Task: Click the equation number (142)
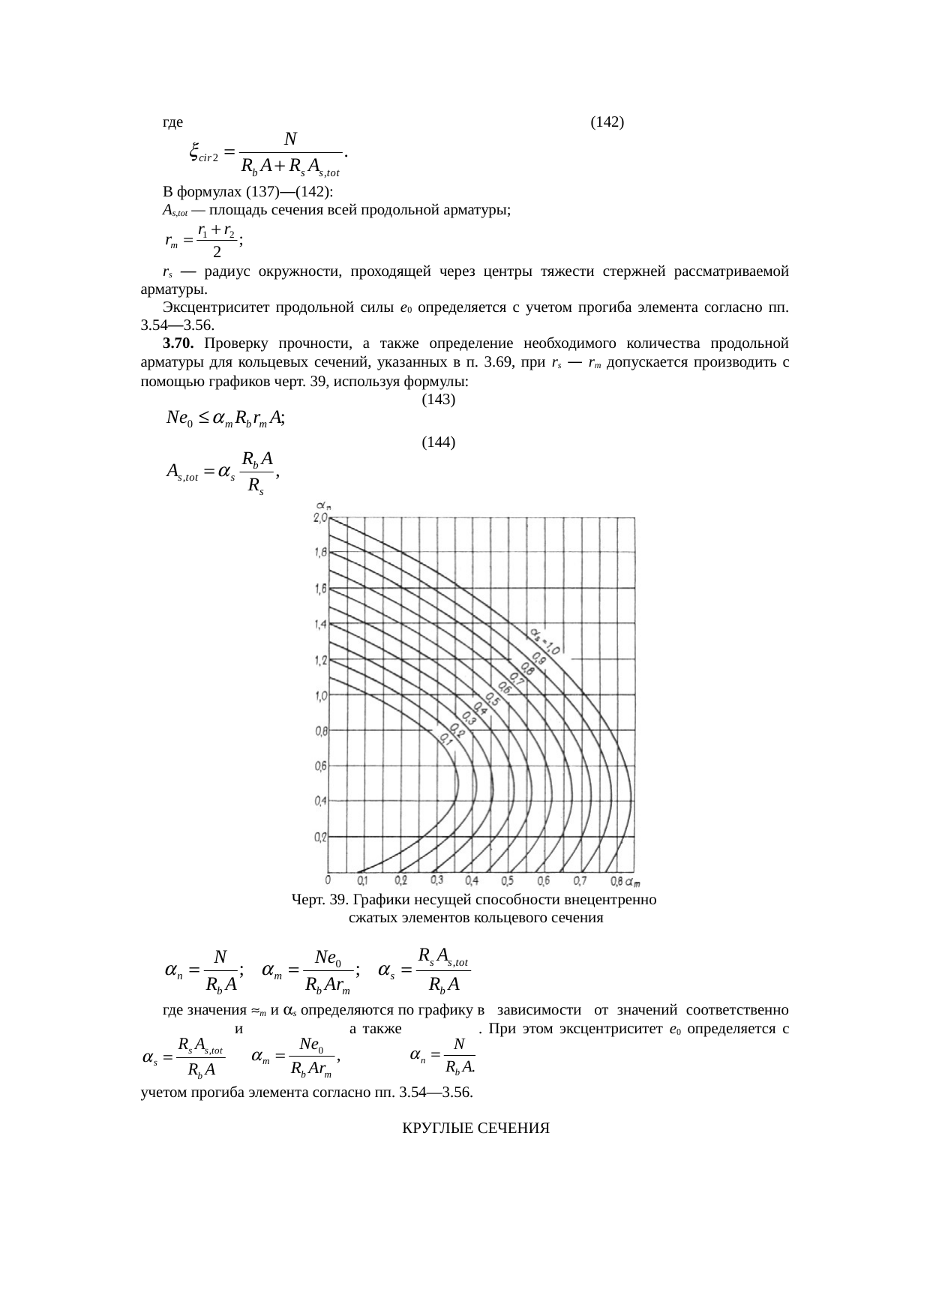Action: pyautogui.click(x=607, y=121)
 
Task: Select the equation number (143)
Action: pyautogui.click(x=439, y=400)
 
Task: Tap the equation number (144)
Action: pyautogui.click(x=439, y=442)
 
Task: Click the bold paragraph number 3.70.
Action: pyautogui.click(x=178, y=343)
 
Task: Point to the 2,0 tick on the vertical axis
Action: pyautogui.click(x=320, y=518)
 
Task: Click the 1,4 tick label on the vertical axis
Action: pyautogui.click(x=320, y=625)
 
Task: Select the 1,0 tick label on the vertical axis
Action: pyautogui.click(x=320, y=695)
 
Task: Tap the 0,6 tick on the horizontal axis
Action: pyautogui.click(x=544, y=880)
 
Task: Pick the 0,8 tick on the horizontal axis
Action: pyautogui.click(x=616, y=880)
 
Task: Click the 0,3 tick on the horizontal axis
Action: pyautogui.click(x=436, y=880)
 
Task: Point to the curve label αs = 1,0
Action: pyautogui.click(x=545, y=641)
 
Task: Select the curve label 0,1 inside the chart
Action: pyautogui.click(x=444, y=739)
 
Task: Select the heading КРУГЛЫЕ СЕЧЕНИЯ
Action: pyautogui.click(x=476, y=1129)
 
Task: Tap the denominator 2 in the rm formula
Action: pyautogui.click(x=216, y=253)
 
